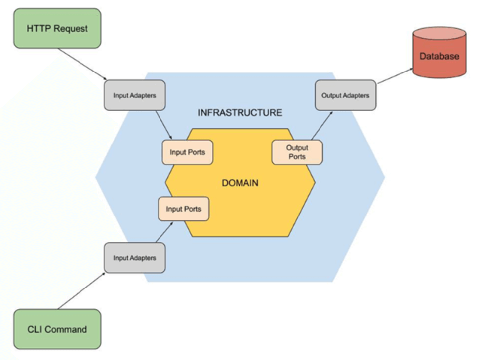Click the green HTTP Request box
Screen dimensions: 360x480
tap(57, 28)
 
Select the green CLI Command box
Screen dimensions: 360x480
tap(57, 329)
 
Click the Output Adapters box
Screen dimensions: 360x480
tap(345, 95)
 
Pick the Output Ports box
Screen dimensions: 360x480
tap(297, 152)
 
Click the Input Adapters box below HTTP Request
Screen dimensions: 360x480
tap(135, 95)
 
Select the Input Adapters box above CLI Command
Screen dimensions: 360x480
tap(135, 258)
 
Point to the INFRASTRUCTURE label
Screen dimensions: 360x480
tap(240, 113)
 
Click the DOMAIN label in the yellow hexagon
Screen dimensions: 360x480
tap(240, 183)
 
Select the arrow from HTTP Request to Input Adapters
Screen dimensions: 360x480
tap(82, 64)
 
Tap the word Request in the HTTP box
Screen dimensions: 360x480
tap(71, 28)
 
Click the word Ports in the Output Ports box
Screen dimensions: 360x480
tap(297, 157)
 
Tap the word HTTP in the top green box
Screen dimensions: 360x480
tap(39, 28)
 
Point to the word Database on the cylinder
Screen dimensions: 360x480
tap(439, 56)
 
